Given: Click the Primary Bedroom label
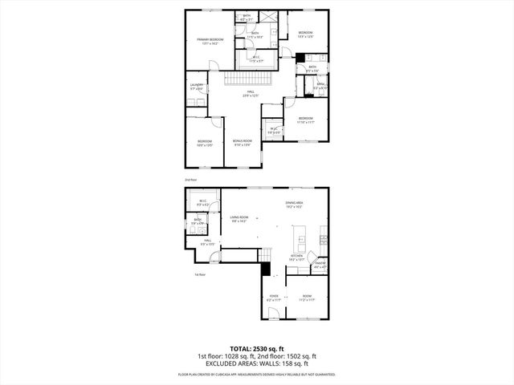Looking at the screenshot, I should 210,40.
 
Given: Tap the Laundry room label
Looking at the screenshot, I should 196,86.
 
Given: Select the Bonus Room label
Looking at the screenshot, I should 242,143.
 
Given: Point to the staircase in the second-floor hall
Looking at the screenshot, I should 250,81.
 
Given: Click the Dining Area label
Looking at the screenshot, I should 293,205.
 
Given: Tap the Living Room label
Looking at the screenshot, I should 239,218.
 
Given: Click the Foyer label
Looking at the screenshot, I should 274,298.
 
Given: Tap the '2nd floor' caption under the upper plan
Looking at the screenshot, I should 190,180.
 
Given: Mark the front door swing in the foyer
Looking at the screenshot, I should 274,315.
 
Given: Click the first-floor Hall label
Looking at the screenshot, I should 207,242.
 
